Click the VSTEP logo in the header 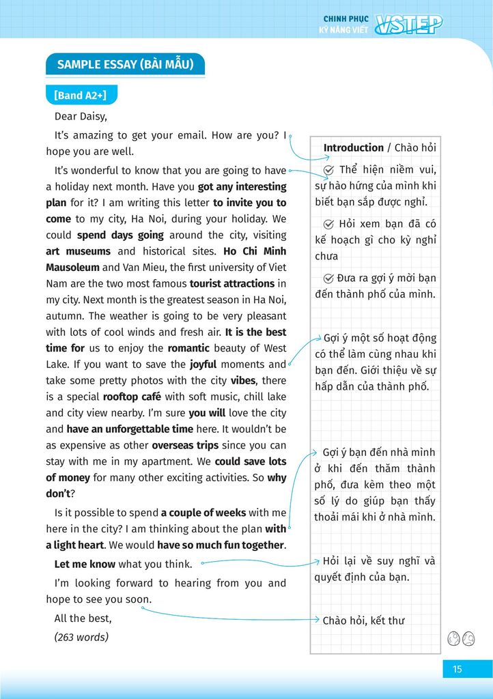click(410, 24)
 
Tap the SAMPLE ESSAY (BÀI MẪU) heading click(125, 65)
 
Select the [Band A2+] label click(81, 95)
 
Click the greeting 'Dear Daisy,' click(81, 116)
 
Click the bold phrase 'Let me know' click(85, 564)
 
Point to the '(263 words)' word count click(81, 637)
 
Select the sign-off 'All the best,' click(83, 618)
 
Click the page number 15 click(457, 669)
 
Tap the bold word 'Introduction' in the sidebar click(353, 147)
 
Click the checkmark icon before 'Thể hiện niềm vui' click(328, 170)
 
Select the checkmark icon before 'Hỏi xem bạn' click(328, 224)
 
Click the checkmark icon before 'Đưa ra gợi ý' click(328, 279)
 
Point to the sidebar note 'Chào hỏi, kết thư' click(363, 620)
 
